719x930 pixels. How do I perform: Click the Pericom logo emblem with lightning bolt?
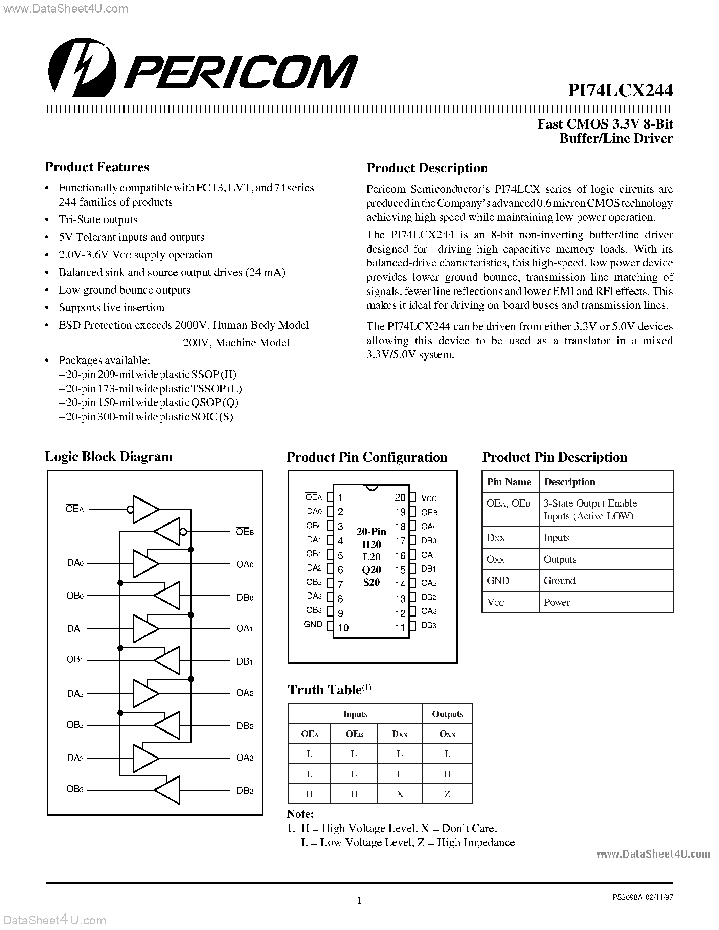click(82, 67)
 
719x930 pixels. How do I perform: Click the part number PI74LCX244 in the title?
click(620, 90)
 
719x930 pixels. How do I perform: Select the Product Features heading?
click(97, 167)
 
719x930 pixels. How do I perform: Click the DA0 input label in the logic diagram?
click(75, 563)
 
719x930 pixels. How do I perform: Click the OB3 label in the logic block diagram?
click(75, 789)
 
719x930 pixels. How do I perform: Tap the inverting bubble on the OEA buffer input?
click(130, 509)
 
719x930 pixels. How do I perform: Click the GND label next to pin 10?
click(313, 624)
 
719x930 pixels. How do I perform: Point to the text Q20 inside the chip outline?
click(372, 570)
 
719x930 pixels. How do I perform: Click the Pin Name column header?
click(509, 482)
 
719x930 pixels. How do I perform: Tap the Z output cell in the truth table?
click(447, 794)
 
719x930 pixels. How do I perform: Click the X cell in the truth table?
click(400, 794)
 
